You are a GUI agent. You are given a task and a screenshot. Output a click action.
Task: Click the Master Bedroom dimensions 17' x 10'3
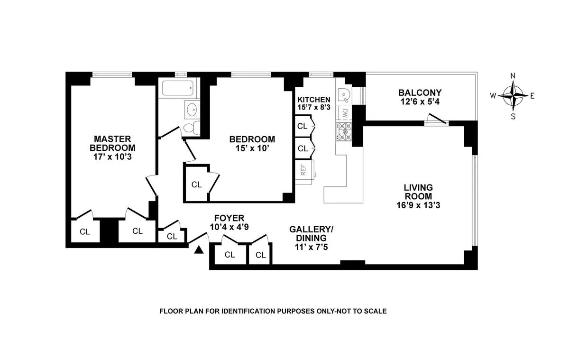click(112, 155)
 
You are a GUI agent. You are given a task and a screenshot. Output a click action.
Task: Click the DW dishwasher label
click(345, 113)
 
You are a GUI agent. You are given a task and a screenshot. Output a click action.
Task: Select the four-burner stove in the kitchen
click(344, 132)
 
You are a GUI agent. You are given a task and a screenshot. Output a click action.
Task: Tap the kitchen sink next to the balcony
click(345, 96)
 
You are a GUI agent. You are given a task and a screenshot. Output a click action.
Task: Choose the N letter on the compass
click(513, 76)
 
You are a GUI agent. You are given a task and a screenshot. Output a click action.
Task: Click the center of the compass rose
click(513, 95)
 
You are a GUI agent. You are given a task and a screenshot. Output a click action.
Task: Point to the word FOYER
click(229, 219)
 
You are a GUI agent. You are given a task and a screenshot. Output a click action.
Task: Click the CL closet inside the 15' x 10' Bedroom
click(196, 185)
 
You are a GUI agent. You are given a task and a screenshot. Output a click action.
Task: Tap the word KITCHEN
click(313, 100)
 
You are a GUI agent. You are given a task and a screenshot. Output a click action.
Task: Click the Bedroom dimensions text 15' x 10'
click(252, 148)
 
